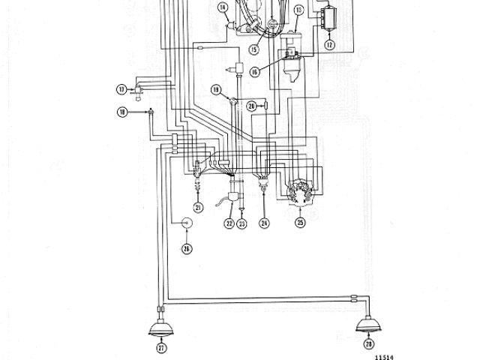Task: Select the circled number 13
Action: click(298, 10)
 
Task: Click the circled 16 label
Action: click(255, 72)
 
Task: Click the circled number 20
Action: click(252, 106)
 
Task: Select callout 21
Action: click(199, 207)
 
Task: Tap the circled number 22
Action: click(229, 223)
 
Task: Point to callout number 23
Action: click(242, 223)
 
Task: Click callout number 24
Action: click(265, 223)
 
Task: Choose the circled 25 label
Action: click(300, 223)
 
